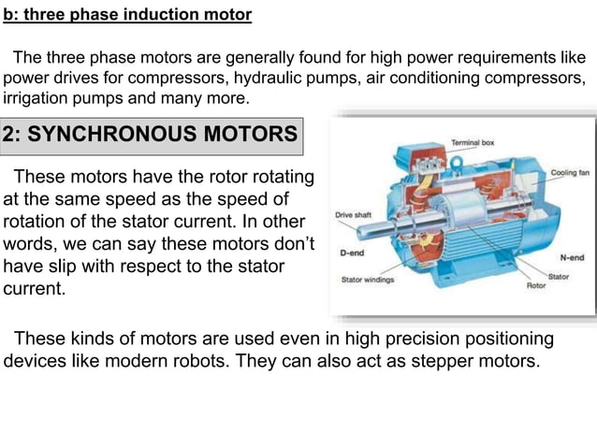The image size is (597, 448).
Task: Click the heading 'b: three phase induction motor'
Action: coord(127,16)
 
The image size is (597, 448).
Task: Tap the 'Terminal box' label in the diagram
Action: coord(473,143)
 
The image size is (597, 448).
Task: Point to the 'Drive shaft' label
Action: coord(354,215)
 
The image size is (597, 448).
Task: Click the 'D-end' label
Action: coord(352,253)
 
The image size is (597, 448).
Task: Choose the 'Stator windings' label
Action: coord(368,279)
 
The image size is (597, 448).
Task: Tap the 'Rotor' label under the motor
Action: coord(536,286)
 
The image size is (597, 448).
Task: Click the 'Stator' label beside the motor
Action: coord(559,277)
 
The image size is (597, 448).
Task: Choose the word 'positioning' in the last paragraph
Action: coord(504,338)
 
